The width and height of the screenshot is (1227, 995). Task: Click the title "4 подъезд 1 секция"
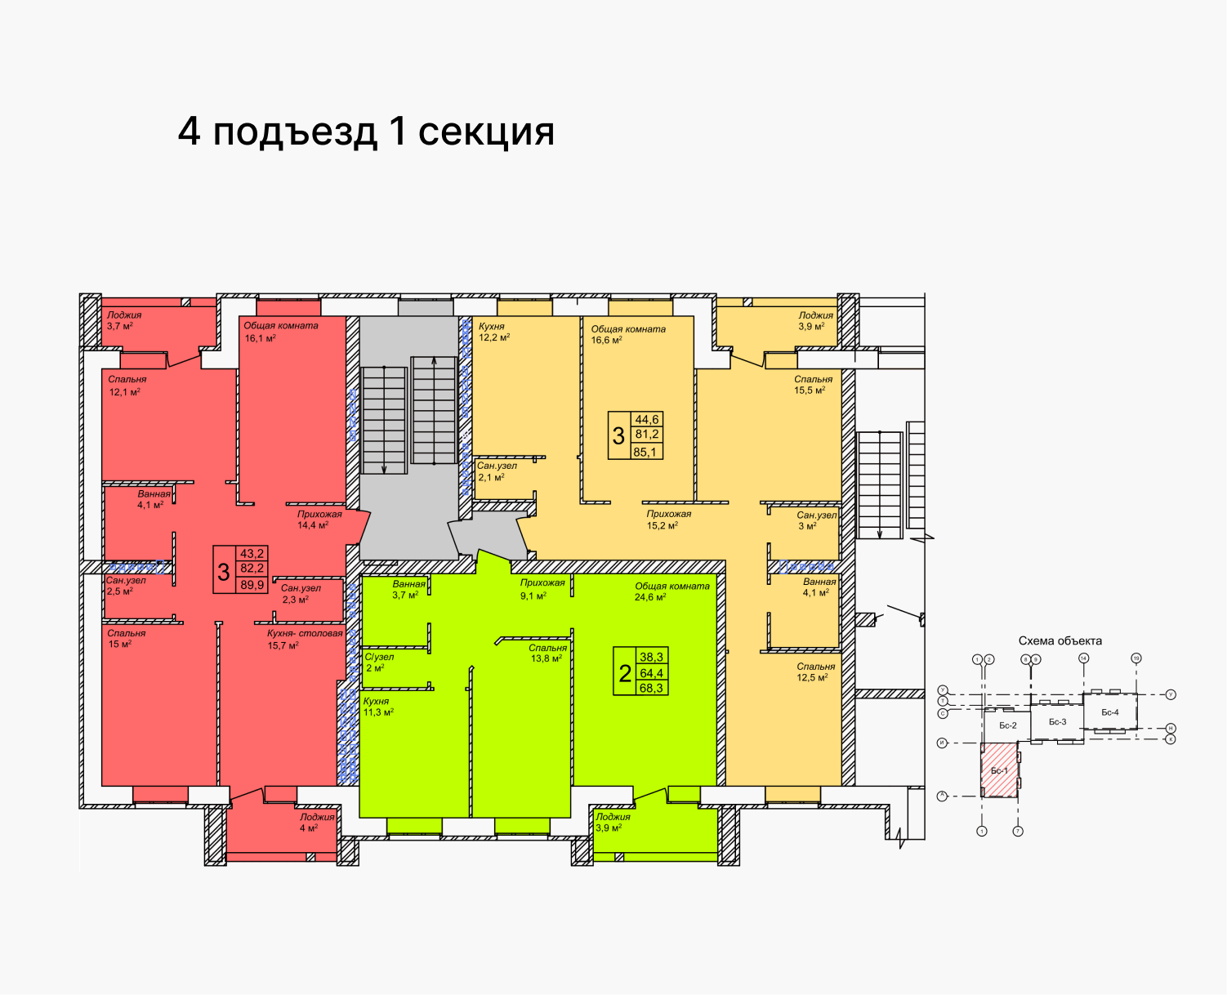click(x=366, y=132)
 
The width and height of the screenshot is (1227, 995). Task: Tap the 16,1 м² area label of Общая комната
click(x=261, y=338)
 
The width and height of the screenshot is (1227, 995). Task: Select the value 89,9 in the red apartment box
click(x=252, y=585)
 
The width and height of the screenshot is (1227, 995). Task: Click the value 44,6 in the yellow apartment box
click(x=647, y=420)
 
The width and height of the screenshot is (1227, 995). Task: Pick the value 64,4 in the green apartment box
click(x=652, y=673)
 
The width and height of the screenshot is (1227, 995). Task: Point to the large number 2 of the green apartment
click(x=625, y=673)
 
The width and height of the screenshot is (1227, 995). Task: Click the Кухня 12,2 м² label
click(x=493, y=332)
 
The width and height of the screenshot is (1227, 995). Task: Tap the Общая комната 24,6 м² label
click(x=672, y=591)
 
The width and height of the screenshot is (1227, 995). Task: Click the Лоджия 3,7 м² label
click(x=123, y=320)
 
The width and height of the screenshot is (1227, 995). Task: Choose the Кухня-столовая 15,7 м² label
click(x=304, y=639)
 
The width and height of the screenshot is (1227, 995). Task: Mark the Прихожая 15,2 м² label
click(x=668, y=520)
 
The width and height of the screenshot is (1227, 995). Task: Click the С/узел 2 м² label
click(x=378, y=663)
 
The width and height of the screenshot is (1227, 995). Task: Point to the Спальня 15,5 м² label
click(x=813, y=385)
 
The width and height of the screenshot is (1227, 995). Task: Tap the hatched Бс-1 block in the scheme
click(x=999, y=770)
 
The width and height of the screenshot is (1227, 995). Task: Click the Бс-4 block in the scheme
click(x=1109, y=712)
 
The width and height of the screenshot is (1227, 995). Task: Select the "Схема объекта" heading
click(x=1060, y=641)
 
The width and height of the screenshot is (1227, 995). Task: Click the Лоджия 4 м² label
click(x=316, y=823)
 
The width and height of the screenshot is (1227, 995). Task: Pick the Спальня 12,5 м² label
click(x=815, y=672)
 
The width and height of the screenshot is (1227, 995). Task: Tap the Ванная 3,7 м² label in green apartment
click(x=408, y=590)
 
